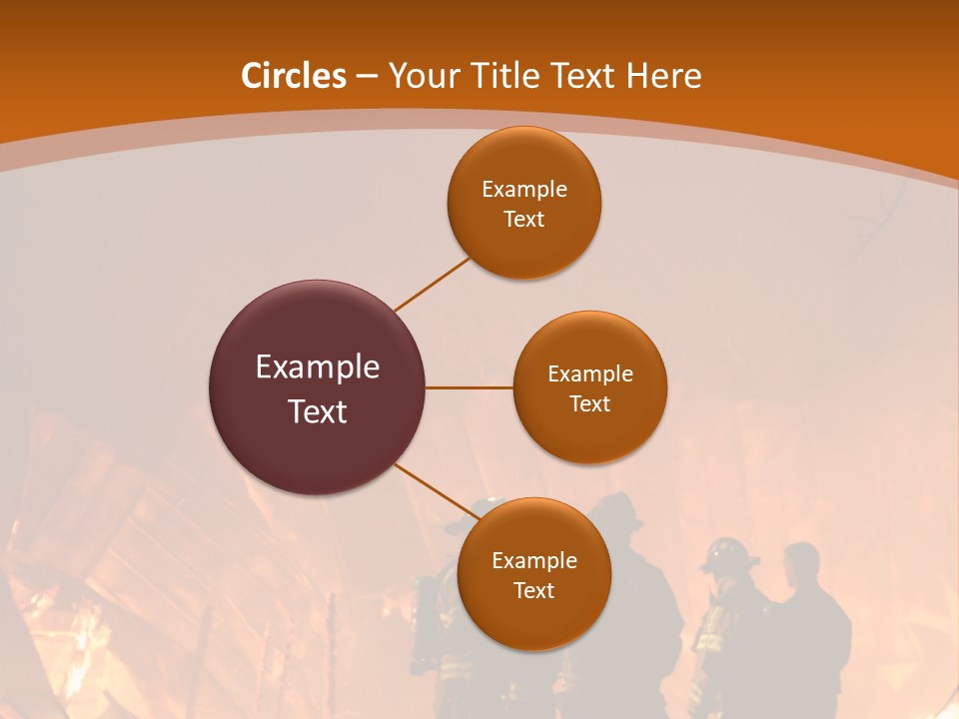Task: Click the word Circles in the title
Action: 294,76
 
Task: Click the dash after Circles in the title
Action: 367,77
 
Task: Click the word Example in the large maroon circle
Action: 318,367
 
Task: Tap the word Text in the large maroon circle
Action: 318,411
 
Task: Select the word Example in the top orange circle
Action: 524,190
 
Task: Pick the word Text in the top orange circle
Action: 524,219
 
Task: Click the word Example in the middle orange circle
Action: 590,374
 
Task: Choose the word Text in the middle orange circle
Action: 590,403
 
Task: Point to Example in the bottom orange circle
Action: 534,561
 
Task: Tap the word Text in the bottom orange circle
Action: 534,590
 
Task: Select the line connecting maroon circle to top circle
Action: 432,285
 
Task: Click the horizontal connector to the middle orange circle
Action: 470,387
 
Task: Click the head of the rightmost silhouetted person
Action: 800,565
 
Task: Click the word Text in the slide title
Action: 585,76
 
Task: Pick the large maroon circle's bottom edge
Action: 318,493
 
